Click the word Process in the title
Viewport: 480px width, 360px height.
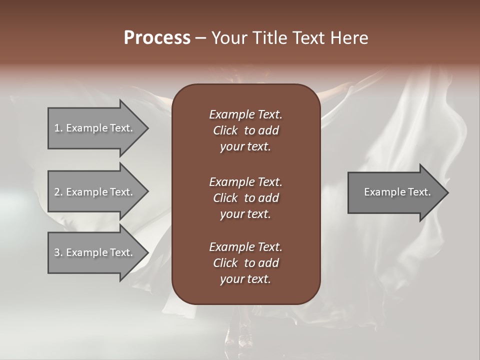pos(157,38)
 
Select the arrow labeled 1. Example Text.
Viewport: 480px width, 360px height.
pos(95,128)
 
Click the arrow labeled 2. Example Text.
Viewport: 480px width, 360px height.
pos(95,192)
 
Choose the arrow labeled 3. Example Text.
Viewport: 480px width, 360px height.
pos(95,252)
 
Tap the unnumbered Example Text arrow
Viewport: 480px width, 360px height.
pos(395,192)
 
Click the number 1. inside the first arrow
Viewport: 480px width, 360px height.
pos(58,128)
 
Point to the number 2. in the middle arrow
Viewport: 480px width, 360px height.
pos(58,192)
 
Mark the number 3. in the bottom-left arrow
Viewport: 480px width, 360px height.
pos(58,252)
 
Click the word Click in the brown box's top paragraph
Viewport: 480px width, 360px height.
pos(225,131)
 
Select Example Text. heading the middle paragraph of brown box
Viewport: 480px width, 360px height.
pos(245,181)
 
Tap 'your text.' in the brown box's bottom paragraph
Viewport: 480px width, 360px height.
pos(245,279)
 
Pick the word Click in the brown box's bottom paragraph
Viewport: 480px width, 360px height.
pos(225,263)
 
